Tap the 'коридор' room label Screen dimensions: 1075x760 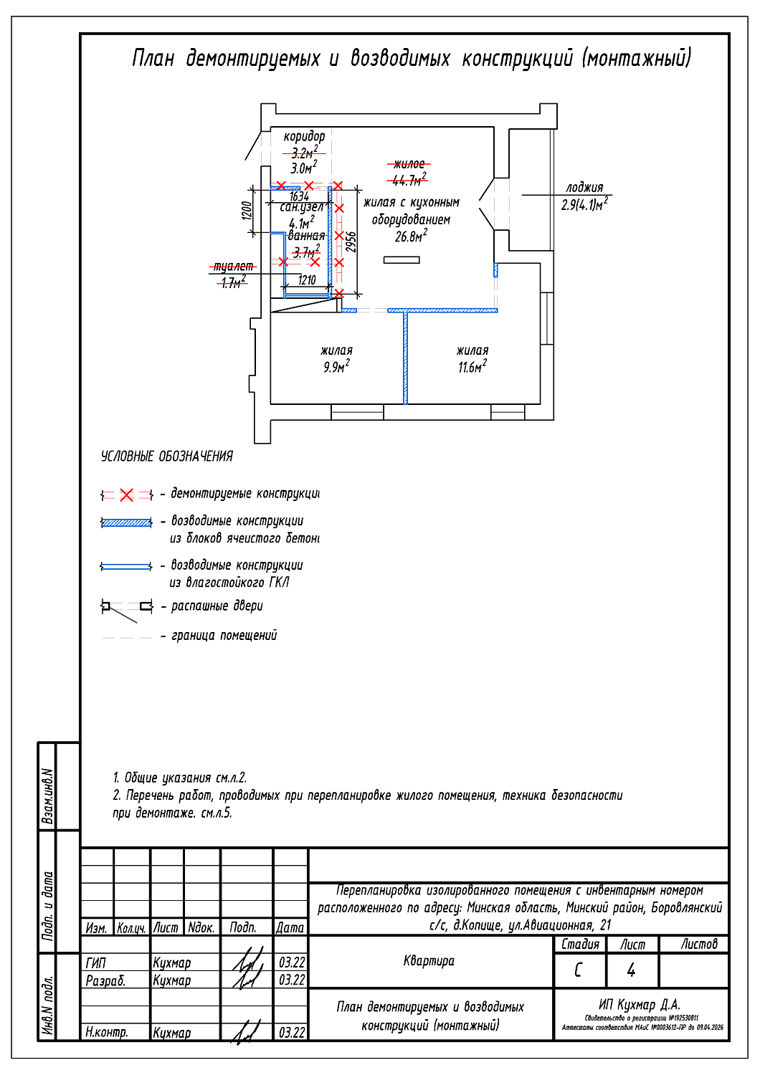(304, 136)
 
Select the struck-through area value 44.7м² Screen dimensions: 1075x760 (409, 180)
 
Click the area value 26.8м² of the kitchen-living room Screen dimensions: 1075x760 (411, 236)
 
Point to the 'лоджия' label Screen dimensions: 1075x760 (584, 188)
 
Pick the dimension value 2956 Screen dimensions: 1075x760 (351, 242)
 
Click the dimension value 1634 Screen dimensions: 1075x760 (299, 196)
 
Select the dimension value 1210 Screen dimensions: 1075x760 (307, 280)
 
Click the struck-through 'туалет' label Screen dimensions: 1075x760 (233, 267)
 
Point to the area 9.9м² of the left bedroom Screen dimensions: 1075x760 (336, 367)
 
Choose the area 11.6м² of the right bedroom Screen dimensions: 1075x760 (472, 367)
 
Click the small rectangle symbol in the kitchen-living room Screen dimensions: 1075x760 (402, 260)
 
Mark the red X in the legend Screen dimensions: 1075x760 (127, 495)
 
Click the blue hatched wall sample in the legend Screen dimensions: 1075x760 (127, 523)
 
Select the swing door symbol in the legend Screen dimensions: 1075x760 (127, 608)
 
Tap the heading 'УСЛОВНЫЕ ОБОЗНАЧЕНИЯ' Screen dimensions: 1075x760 (167, 457)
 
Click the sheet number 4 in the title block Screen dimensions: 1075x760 (631, 970)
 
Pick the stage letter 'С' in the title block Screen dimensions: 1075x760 (579, 970)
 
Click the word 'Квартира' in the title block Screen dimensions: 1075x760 (429, 961)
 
